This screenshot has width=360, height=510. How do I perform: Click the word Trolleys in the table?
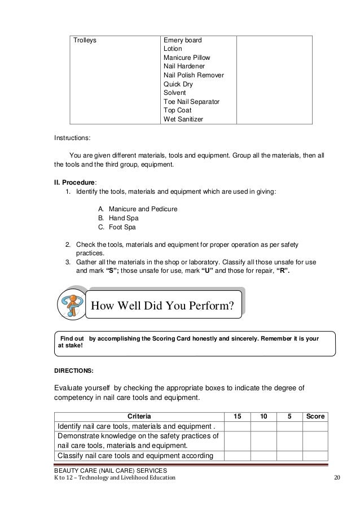(x=85, y=41)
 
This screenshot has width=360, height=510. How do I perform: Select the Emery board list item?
(x=182, y=41)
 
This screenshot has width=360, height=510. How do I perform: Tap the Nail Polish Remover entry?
(x=194, y=75)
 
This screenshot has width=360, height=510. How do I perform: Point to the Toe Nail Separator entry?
(x=191, y=101)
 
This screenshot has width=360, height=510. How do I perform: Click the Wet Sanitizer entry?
(x=183, y=119)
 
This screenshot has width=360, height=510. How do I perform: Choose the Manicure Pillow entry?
(x=187, y=58)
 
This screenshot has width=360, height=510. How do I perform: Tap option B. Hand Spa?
(x=118, y=218)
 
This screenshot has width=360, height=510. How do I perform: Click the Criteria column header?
(x=139, y=416)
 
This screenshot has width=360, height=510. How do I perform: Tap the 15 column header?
(x=238, y=416)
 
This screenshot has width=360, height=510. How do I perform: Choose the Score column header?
(x=315, y=416)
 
